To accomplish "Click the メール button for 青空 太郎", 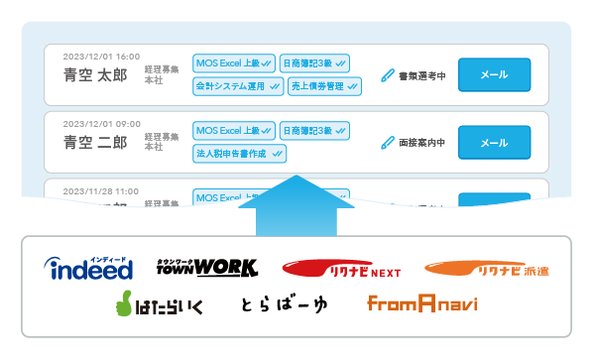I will point(494,74).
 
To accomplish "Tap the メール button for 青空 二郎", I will point(494,143).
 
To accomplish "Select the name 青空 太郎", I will point(95,73).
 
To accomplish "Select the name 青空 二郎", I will point(95,142).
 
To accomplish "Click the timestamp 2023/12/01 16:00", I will point(101,56).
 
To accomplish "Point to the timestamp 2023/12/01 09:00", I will point(101,124).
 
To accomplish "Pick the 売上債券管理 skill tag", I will point(324,86).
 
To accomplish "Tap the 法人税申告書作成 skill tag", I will point(239,154).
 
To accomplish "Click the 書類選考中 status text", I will point(422,74).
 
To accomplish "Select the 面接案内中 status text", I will point(422,143).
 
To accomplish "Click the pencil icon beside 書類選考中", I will point(388,74).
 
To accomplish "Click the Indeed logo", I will point(88,267).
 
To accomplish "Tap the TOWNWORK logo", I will point(207,267).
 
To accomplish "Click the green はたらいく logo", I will point(158,303).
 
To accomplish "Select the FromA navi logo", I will point(421,303).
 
